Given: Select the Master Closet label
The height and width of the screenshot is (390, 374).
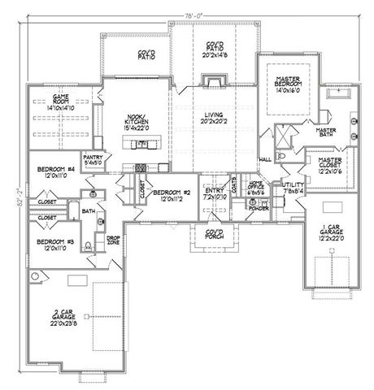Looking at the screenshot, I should pos(329,165).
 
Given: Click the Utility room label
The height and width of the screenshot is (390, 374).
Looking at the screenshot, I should pos(292,188).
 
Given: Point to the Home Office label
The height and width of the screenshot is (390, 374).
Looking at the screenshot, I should pos(256,187).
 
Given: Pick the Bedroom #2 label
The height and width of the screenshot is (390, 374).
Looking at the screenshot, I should pos(171,192).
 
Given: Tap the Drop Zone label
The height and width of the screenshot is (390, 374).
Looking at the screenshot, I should pos(113,240).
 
